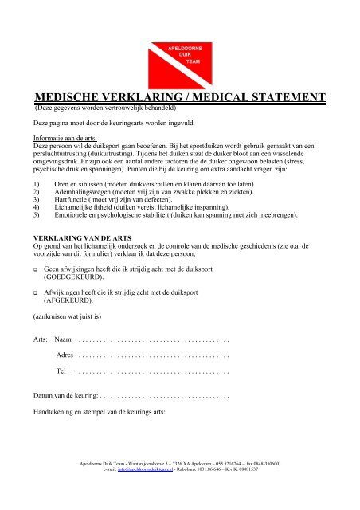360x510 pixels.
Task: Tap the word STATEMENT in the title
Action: click(x=280, y=97)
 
